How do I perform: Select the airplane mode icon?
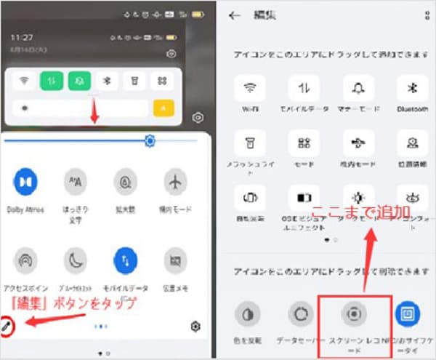pyautogui.click(x=174, y=181)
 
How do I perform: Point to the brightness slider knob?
pyautogui.click(x=150, y=141)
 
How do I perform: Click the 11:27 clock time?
pyautogui.click(x=23, y=36)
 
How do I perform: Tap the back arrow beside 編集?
pyautogui.click(x=234, y=15)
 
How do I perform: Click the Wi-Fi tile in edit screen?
pyautogui.click(x=250, y=89)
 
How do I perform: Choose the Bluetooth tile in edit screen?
pyautogui.click(x=411, y=89)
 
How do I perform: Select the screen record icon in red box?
pyautogui.click(x=354, y=313)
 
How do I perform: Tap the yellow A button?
pyautogui.click(x=163, y=108)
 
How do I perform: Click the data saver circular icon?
pyautogui.click(x=300, y=313)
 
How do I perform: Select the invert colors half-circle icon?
pyautogui.click(x=247, y=313)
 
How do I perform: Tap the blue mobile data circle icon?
pyautogui.click(x=125, y=259)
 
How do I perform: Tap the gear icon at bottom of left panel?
pyautogui.click(x=195, y=327)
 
